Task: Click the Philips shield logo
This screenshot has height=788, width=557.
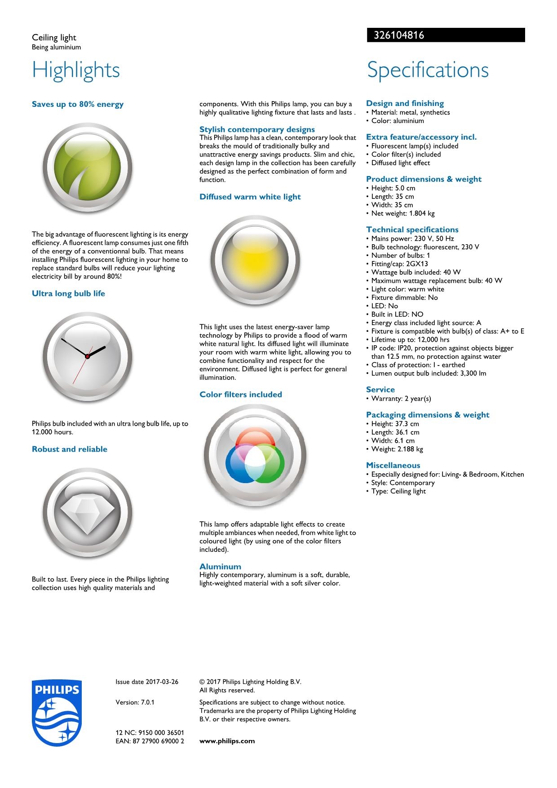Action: click(x=57, y=713)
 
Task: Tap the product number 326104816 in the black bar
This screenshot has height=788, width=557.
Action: click(x=396, y=35)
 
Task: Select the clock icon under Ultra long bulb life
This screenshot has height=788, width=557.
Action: click(x=87, y=357)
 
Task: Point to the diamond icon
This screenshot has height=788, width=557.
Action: click(x=87, y=513)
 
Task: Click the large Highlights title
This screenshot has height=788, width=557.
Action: click(x=76, y=70)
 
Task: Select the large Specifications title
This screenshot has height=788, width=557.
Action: click(x=428, y=70)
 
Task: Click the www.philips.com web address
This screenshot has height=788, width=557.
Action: click(x=227, y=741)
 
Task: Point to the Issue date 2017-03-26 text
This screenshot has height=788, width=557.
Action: click(x=147, y=682)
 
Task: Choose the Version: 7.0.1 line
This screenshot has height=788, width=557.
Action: click(x=135, y=702)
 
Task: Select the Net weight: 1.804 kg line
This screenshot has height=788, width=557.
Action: click(x=402, y=213)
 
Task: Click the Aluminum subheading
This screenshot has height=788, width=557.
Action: click(x=220, y=567)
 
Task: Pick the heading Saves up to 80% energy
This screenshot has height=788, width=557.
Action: click(x=78, y=104)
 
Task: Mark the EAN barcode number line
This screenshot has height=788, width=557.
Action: click(x=150, y=741)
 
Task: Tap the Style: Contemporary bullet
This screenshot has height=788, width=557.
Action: click(x=402, y=483)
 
